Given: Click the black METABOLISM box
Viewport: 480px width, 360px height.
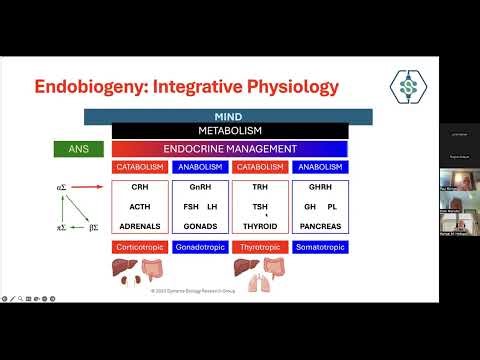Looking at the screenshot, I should click(229, 131).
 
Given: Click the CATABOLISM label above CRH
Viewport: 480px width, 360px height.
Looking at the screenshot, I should click(140, 167).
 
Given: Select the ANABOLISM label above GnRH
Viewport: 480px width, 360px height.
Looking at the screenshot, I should click(199, 167).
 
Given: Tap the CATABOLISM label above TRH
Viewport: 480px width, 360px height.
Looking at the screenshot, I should click(260, 167).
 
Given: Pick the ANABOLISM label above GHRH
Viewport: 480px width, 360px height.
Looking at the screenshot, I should click(320, 167).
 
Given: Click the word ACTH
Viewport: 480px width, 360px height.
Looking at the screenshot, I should click(140, 205).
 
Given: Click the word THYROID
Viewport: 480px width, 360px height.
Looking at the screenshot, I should click(260, 225).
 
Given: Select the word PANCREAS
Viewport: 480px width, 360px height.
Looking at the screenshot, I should click(320, 225).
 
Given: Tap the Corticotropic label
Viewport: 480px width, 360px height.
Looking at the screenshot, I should click(140, 245).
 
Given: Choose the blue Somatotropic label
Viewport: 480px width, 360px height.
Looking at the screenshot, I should click(320, 245).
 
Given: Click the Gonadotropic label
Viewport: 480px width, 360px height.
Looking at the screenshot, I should click(199, 245).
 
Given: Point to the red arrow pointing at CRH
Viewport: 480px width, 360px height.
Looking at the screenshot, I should click(87, 186).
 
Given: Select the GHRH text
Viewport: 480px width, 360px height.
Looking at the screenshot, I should click(320, 187).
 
